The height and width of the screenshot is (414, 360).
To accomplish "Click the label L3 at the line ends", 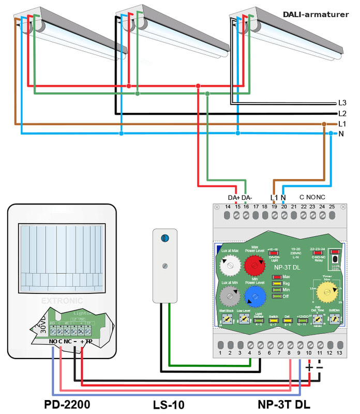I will coord(342,103).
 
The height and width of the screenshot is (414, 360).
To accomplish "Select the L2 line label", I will coord(342,113).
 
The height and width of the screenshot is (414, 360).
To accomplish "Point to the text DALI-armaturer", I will coord(316,14).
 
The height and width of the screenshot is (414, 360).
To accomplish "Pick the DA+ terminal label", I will coord(234,198).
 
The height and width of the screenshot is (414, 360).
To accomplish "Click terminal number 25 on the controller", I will coord(332,207).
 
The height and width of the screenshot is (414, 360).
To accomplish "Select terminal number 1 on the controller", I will coord(221,353).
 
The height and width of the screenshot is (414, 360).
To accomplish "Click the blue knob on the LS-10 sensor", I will coord(164,238).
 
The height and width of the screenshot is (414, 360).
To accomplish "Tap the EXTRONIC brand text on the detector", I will coord(62,300).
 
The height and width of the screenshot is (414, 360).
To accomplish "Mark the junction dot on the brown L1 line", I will coord(324,124).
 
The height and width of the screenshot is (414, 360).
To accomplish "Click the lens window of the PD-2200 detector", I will coord(61,257).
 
